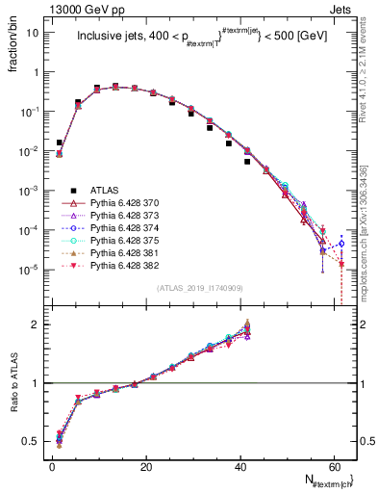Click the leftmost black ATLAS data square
coord(60,143)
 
